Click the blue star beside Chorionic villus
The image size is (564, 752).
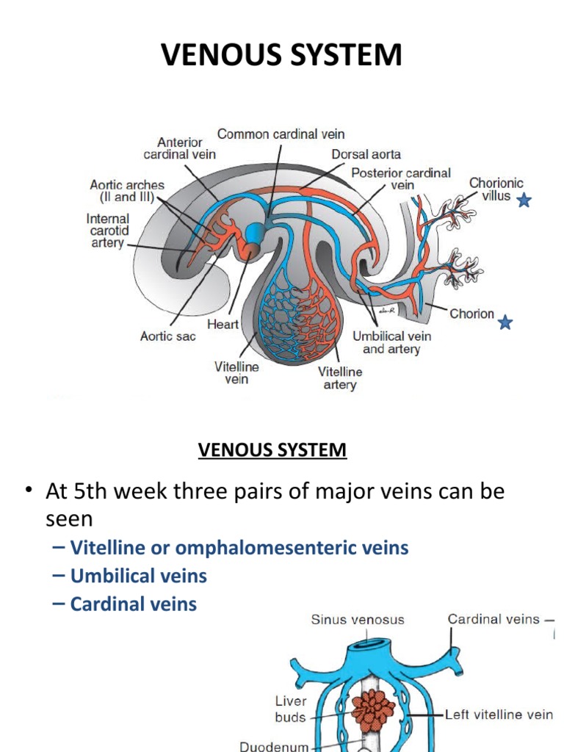pyautogui.click(x=524, y=200)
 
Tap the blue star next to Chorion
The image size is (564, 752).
pyautogui.click(x=505, y=322)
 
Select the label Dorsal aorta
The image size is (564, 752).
pyautogui.click(x=366, y=154)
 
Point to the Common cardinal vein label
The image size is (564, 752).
pyautogui.click(x=281, y=134)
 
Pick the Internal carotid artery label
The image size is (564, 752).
pyautogui.click(x=107, y=231)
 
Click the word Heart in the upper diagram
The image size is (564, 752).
pyautogui.click(x=223, y=324)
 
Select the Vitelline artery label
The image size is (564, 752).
pyautogui.click(x=340, y=378)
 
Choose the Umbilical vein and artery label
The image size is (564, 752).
pyautogui.click(x=392, y=342)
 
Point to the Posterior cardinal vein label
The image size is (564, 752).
pyautogui.click(x=400, y=179)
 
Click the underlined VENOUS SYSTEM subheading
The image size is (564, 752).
pyautogui.click(x=272, y=449)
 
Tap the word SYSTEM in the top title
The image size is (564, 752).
pyautogui.click(x=342, y=56)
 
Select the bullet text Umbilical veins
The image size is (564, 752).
pyautogui.click(x=139, y=576)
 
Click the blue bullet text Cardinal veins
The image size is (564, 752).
pyautogui.click(x=134, y=604)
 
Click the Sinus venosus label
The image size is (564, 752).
pyautogui.click(x=358, y=619)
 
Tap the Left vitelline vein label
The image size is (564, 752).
pyautogui.click(x=500, y=714)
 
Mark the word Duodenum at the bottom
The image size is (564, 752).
pyautogui.click(x=275, y=746)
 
